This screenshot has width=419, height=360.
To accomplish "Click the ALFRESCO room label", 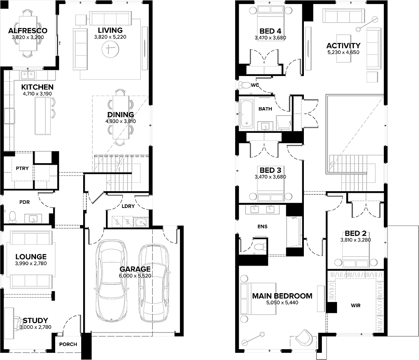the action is tap(28, 31).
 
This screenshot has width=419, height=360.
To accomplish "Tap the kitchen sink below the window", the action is tap(28, 75).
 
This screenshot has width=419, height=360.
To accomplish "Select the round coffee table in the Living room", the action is tap(110, 49).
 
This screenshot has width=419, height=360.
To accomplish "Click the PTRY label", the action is tap(22, 168).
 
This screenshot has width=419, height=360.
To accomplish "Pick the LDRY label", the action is tap(128, 206).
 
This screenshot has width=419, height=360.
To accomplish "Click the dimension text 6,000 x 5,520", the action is tap(135, 276).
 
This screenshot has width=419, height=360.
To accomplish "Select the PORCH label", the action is tap(68, 344).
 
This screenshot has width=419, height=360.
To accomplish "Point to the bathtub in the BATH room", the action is tap(246, 113).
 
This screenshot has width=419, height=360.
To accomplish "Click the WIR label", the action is tap(356, 306).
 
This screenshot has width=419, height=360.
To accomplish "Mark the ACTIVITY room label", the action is tap(343, 46).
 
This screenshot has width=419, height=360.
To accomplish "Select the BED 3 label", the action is tap(270, 170).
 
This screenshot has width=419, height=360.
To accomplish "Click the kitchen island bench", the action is tap(43, 116).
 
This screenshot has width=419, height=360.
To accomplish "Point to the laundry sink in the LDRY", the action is tap(141, 222).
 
